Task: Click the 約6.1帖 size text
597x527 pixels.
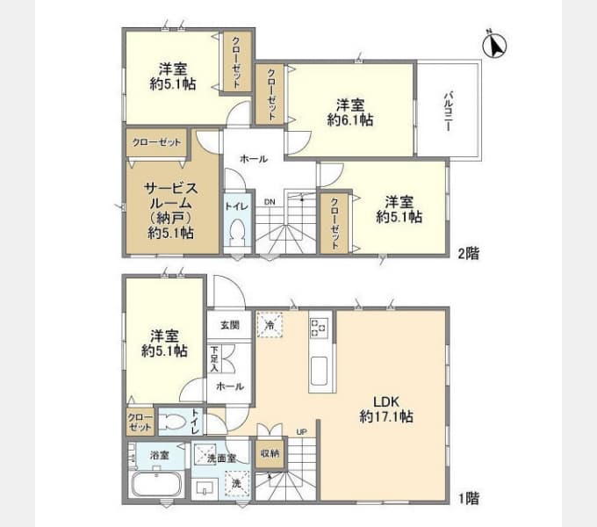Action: click(350, 118)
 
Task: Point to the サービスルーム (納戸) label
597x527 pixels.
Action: click(171, 211)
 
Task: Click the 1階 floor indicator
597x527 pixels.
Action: click(466, 498)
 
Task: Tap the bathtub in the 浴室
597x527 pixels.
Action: click(155, 485)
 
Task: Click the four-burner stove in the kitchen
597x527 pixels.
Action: click(318, 328)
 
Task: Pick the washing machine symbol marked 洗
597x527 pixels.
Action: click(235, 482)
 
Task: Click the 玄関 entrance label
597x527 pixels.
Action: click(229, 325)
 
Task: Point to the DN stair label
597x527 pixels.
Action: click(270, 202)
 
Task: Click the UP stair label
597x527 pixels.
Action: click(301, 432)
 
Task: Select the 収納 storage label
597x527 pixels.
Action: click(270, 453)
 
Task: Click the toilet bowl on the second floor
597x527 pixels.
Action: click(235, 233)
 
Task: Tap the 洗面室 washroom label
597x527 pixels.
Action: click(214, 458)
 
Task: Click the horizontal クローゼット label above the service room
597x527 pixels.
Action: click(157, 142)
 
